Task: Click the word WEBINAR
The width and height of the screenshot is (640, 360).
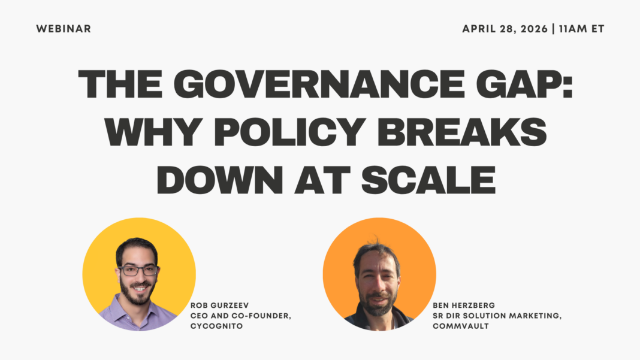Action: [64, 29]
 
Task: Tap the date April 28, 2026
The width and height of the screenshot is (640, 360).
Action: [505, 29]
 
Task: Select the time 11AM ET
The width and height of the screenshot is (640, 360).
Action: [581, 29]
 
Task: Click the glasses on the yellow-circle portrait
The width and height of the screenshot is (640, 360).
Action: [138, 270]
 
